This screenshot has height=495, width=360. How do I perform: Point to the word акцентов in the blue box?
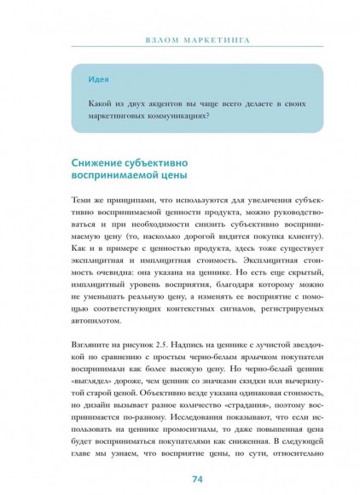pos(169,102)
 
